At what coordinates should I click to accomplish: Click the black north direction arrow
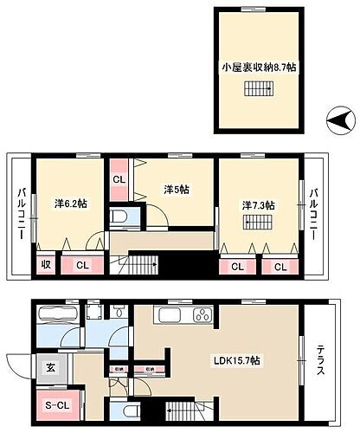[338, 117]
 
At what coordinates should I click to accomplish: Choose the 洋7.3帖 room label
[258, 205]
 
